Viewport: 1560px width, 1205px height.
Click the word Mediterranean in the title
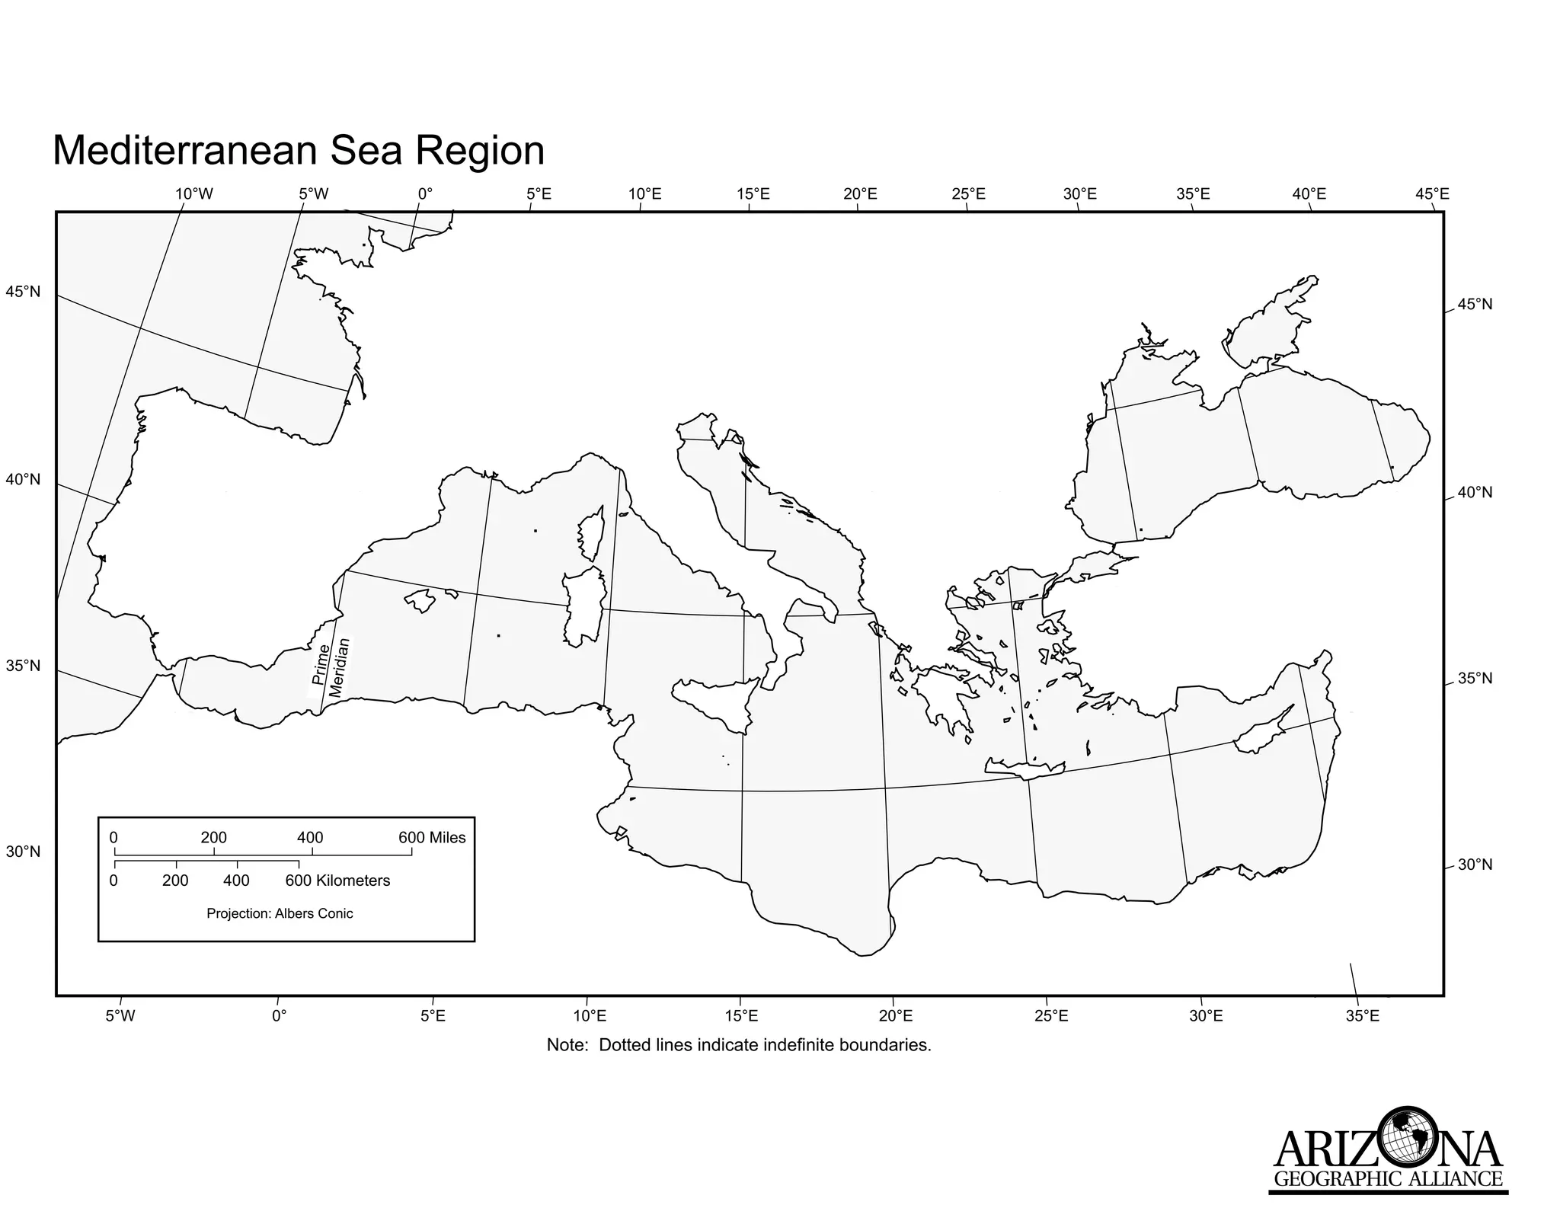coord(183,151)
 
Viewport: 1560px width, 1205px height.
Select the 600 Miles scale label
coord(432,838)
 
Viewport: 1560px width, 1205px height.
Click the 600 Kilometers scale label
coord(337,881)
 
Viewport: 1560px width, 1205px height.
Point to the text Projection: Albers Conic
coord(280,913)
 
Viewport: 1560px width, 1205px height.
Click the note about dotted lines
coord(739,1045)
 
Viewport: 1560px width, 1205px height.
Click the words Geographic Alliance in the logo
coord(1388,1180)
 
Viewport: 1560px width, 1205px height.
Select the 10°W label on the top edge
coord(194,194)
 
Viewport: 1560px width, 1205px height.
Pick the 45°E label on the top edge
coord(1432,194)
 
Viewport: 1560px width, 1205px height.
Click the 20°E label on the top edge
coord(860,194)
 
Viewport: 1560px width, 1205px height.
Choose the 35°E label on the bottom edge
coord(1362,1016)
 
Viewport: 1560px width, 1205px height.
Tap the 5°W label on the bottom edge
coord(120,1016)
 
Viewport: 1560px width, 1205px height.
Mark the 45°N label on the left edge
coord(23,292)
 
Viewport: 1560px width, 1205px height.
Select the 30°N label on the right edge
coord(1475,865)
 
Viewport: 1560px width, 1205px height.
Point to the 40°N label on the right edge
coord(1475,493)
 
